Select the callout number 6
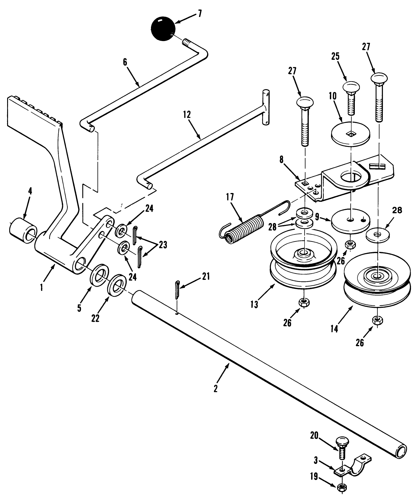point(125,62)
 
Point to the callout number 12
point(187,115)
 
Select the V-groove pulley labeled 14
point(377,283)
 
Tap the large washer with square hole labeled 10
point(351,133)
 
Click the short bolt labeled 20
point(342,446)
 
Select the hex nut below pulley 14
point(377,321)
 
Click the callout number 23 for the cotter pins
point(163,245)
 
